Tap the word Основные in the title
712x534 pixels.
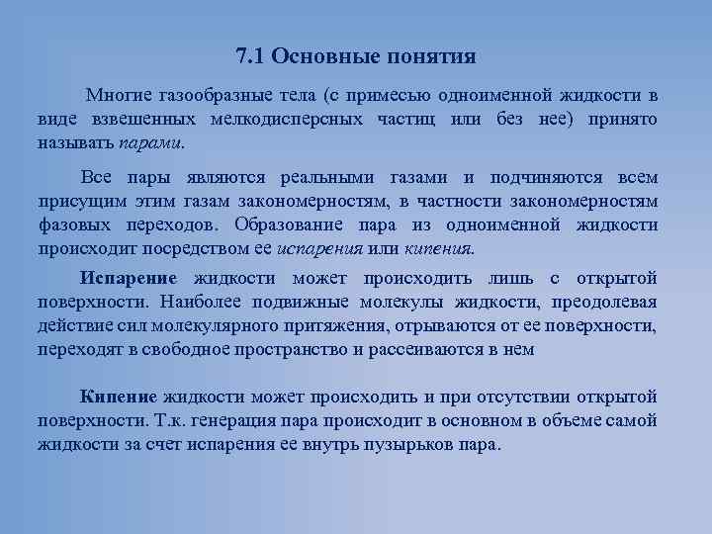[x=318, y=55]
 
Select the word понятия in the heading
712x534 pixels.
[x=427, y=55]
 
